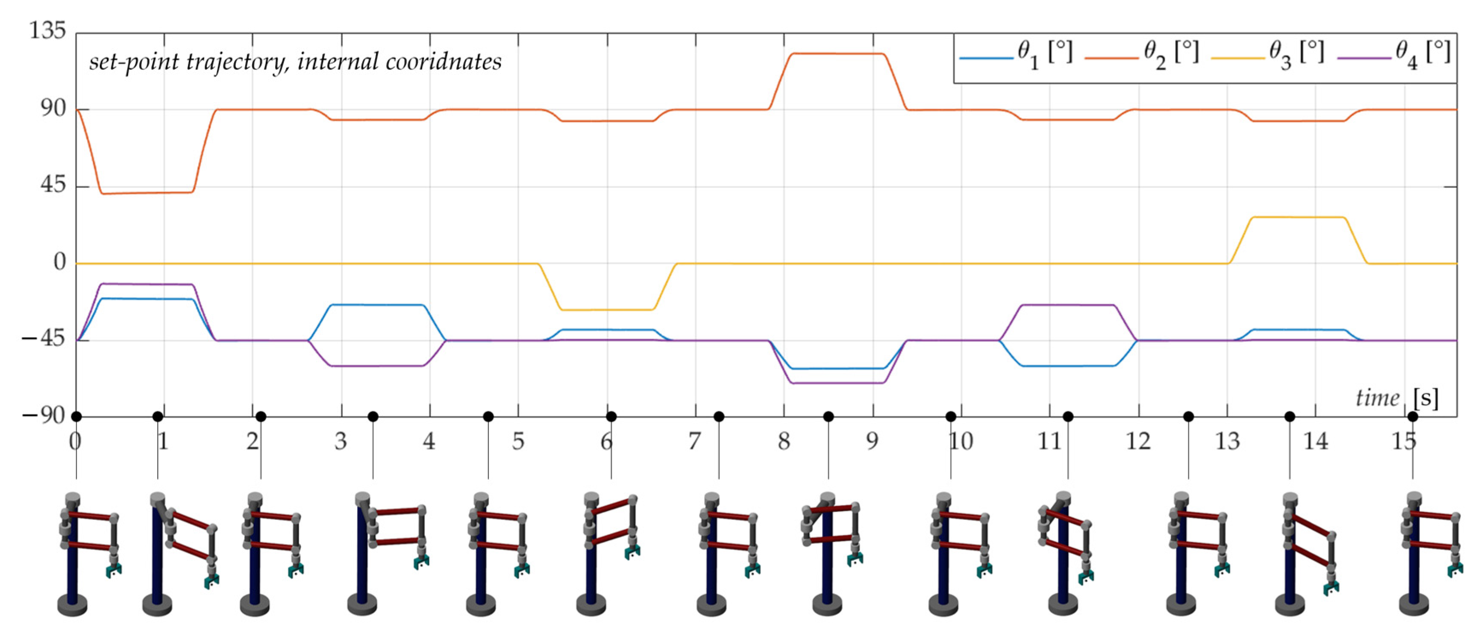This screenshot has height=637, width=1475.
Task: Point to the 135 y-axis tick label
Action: pos(47,30)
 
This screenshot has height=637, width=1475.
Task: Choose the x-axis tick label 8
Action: pos(783,441)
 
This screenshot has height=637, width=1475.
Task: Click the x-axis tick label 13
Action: pos(1227,441)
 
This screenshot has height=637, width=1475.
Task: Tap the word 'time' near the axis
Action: pos(1377,398)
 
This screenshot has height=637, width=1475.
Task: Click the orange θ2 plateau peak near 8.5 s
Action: pos(836,54)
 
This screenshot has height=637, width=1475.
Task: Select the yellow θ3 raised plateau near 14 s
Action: pos(1297,217)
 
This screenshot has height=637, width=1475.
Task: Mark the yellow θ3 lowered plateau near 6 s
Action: pos(607,310)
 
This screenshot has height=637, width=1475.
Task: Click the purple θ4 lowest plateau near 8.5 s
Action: pos(836,383)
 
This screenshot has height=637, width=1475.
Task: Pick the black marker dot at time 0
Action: pos(76,416)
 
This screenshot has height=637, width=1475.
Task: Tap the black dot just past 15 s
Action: pos(1413,416)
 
